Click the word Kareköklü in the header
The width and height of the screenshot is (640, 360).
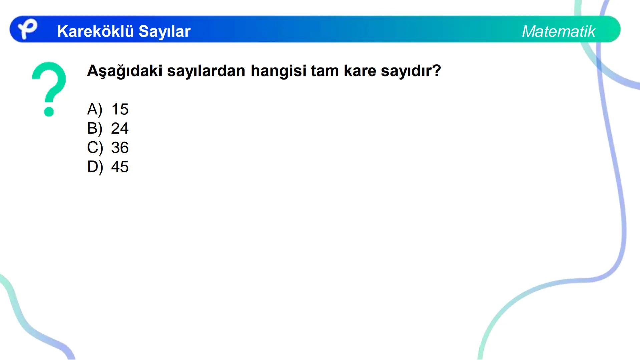point(95,31)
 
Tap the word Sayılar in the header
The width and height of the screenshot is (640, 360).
point(164,31)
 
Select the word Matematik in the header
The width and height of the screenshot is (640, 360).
point(558,31)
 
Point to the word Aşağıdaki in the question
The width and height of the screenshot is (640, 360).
point(124,71)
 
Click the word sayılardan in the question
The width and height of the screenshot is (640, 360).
point(206,71)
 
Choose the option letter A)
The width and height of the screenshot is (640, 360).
point(95,109)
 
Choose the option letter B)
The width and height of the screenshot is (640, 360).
point(95,128)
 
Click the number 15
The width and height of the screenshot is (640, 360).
point(120,109)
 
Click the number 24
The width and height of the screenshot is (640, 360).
point(120,128)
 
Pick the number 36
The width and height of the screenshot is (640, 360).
point(120,148)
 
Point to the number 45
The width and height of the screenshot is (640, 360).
point(120,167)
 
